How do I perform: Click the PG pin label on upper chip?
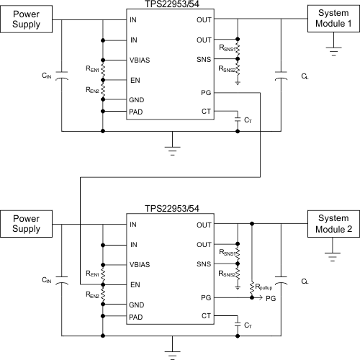pos(207,93)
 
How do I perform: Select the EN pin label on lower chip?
pos(135,284)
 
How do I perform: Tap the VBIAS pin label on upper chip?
pos(140,60)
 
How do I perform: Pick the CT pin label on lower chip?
pos(207,315)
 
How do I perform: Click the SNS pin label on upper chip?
pos(205,60)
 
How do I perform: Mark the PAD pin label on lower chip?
pos(137,317)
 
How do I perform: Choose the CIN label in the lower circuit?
pos(48,279)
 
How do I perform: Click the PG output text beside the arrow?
pos(271,297)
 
